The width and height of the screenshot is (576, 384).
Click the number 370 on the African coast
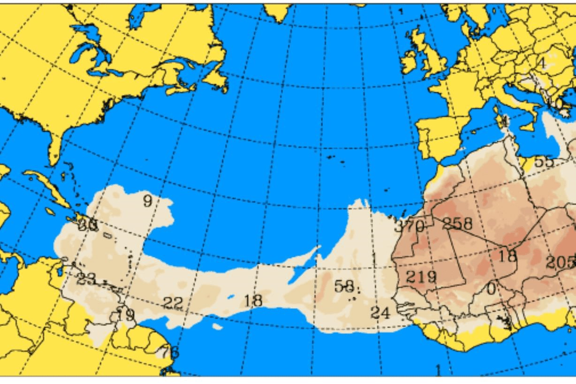[409, 226]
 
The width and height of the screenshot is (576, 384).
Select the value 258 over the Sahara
[457, 224]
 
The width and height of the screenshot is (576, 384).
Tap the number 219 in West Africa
[421, 277]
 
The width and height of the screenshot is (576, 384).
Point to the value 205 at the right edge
[560, 262]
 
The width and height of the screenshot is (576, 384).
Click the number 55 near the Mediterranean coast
[544, 162]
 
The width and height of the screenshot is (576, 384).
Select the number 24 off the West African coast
[381, 312]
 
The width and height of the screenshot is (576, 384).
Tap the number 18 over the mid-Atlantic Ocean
[253, 300]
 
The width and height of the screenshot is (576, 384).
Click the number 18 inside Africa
[507, 256]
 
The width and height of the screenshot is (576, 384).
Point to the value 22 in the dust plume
[173, 303]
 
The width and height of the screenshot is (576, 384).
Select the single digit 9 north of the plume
[147, 202]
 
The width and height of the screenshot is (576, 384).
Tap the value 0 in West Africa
[491, 288]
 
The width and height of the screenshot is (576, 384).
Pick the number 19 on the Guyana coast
[126, 315]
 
